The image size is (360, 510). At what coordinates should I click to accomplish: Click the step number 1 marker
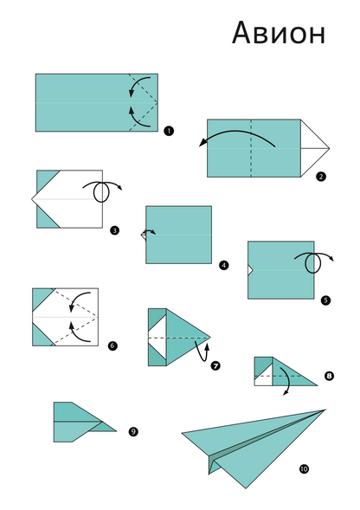tap(167, 131)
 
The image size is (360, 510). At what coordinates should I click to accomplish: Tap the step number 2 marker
tap(321, 177)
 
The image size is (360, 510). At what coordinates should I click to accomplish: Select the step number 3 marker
tap(114, 230)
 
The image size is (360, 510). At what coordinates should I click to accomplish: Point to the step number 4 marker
tap(224, 266)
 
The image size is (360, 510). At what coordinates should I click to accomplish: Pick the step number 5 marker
tap(325, 300)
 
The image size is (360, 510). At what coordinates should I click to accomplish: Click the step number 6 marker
tap(112, 346)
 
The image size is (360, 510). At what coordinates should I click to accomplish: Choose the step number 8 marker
tap(329, 376)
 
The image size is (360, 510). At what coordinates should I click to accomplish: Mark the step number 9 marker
tap(132, 430)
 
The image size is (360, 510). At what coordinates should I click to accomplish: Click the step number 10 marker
tap(304, 469)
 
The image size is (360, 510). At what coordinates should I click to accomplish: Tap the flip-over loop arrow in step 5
tap(315, 261)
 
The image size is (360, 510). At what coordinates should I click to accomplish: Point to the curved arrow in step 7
tap(203, 351)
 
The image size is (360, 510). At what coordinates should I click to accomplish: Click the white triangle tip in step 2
tap(313, 147)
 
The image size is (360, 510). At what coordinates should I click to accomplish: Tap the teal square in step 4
tap(179, 235)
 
